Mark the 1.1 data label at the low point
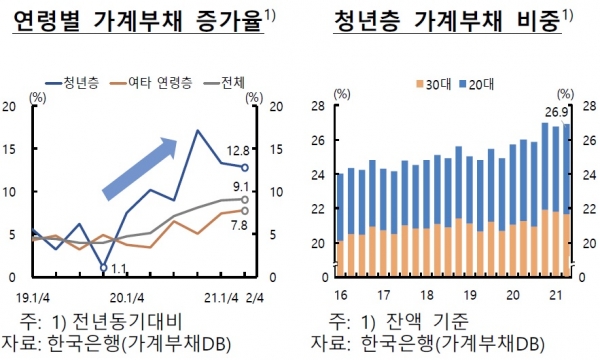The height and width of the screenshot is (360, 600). (118, 268)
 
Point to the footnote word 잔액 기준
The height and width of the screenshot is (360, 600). (429, 320)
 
